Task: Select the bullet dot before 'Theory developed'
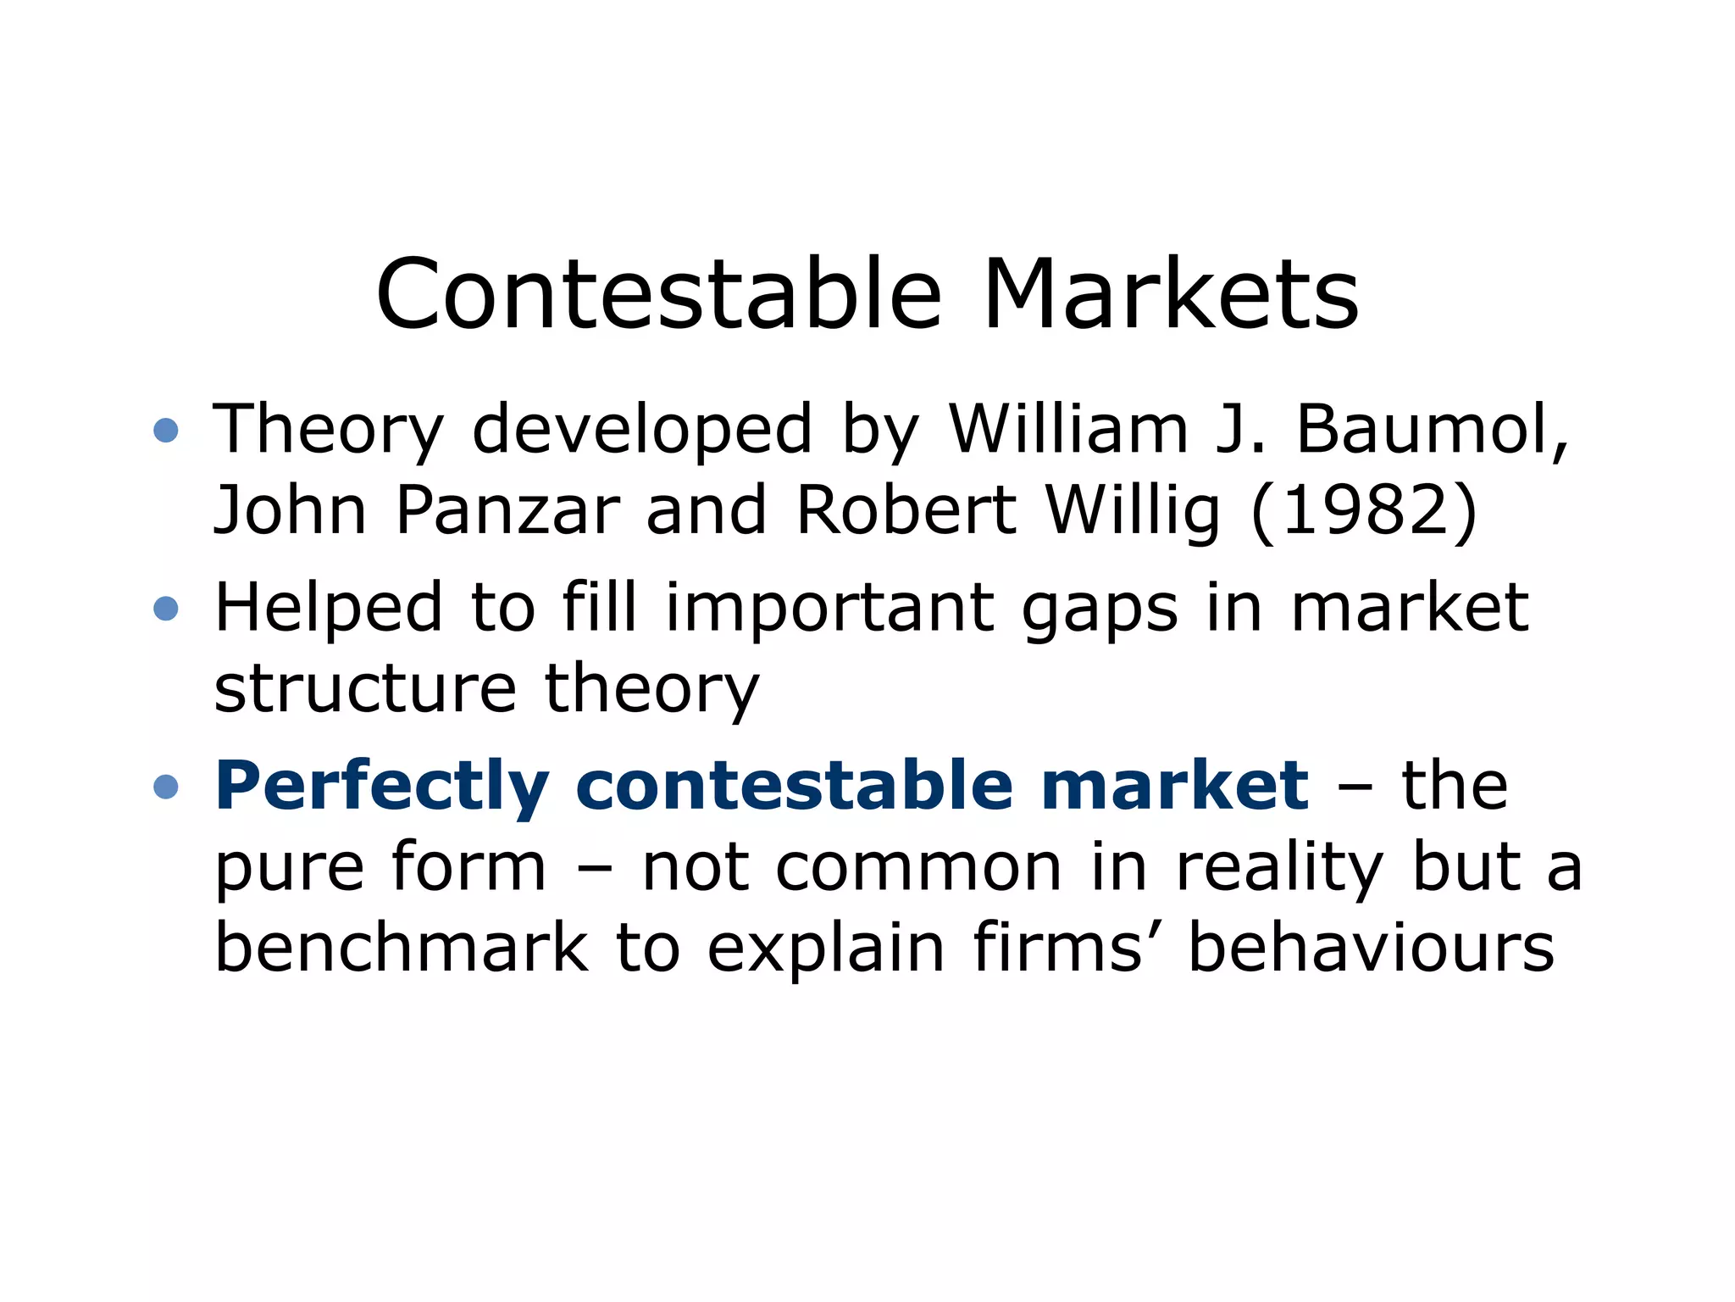(166, 430)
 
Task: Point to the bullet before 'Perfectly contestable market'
(166, 787)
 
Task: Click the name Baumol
(1433, 429)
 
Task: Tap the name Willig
(1134, 512)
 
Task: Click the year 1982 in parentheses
(1365, 510)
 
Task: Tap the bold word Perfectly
(382, 787)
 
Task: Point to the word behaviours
(1371, 948)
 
